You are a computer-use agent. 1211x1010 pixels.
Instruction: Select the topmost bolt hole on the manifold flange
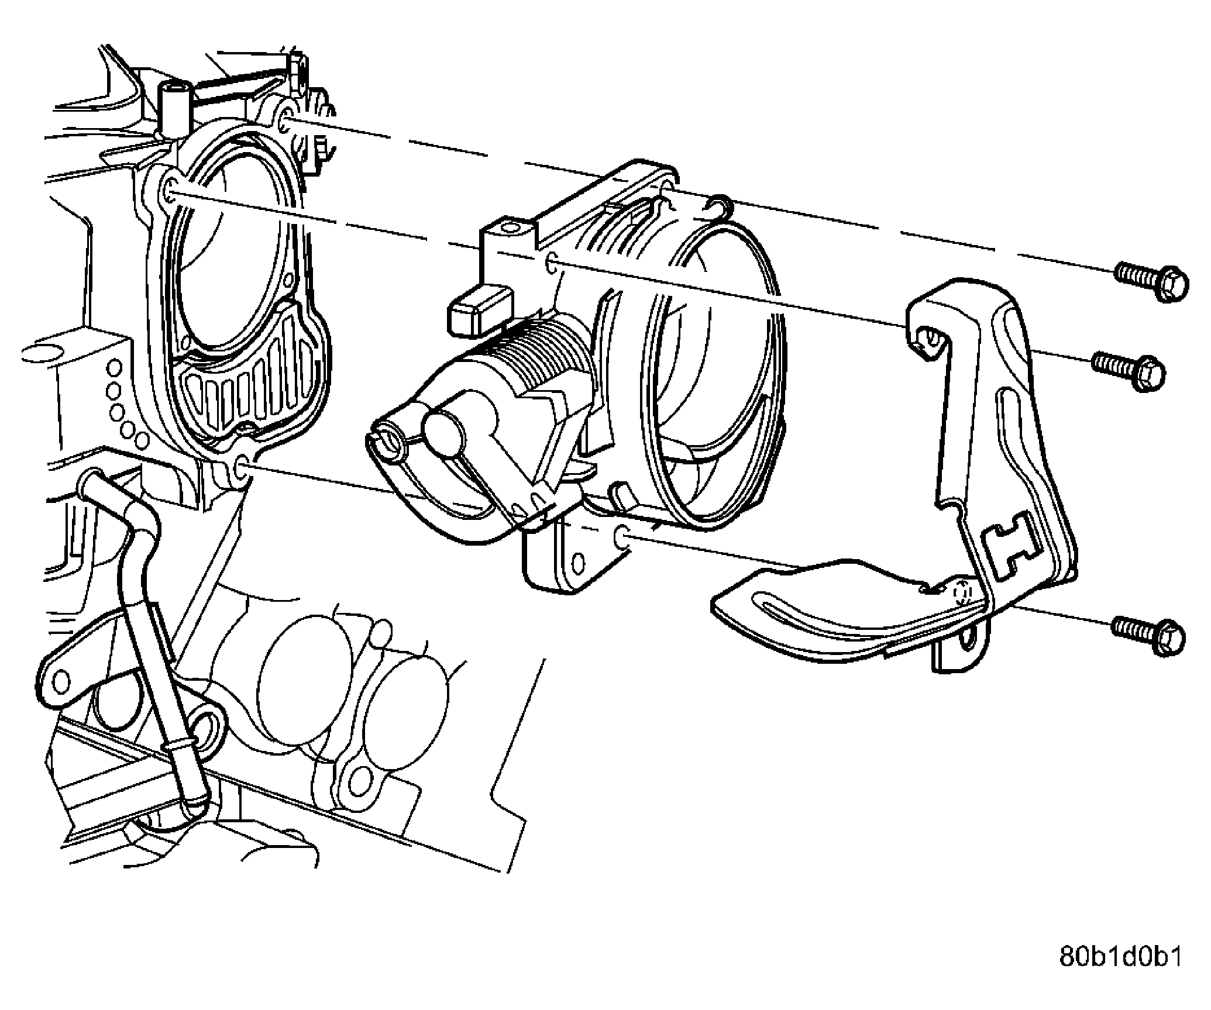coord(285,121)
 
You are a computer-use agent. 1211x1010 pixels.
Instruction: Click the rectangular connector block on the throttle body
coord(479,312)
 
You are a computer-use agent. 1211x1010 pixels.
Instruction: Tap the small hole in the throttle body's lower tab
coord(578,564)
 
